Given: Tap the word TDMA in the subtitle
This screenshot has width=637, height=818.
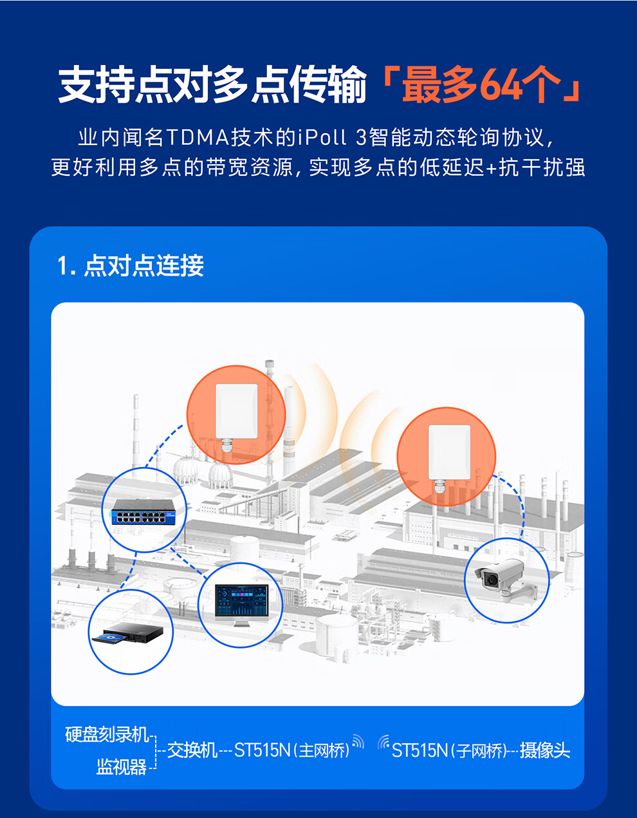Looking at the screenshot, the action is tap(198, 137).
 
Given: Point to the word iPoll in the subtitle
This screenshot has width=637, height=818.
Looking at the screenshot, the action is tap(322, 137).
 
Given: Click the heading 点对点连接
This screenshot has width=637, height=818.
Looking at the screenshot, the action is tap(143, 266).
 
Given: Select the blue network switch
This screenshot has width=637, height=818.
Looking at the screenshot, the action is tap(143, 512).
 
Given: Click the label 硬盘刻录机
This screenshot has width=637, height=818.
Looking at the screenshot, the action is tap(107, 734).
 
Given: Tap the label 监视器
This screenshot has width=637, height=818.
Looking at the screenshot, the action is tap(122, 767).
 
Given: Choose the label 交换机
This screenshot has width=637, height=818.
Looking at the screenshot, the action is tap(192, 750).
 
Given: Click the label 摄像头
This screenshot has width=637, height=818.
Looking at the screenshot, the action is tap(545, 750).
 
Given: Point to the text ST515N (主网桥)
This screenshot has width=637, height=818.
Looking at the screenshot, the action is tap(292, 750).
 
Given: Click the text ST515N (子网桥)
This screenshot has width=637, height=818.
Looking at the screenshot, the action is tap(449, 751).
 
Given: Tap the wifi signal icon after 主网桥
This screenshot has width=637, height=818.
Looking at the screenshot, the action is tap(358, 741).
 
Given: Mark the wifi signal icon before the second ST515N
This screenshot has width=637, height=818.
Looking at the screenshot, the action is tap(384, 741).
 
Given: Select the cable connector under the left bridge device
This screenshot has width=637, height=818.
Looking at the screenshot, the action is tap(228, 445).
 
